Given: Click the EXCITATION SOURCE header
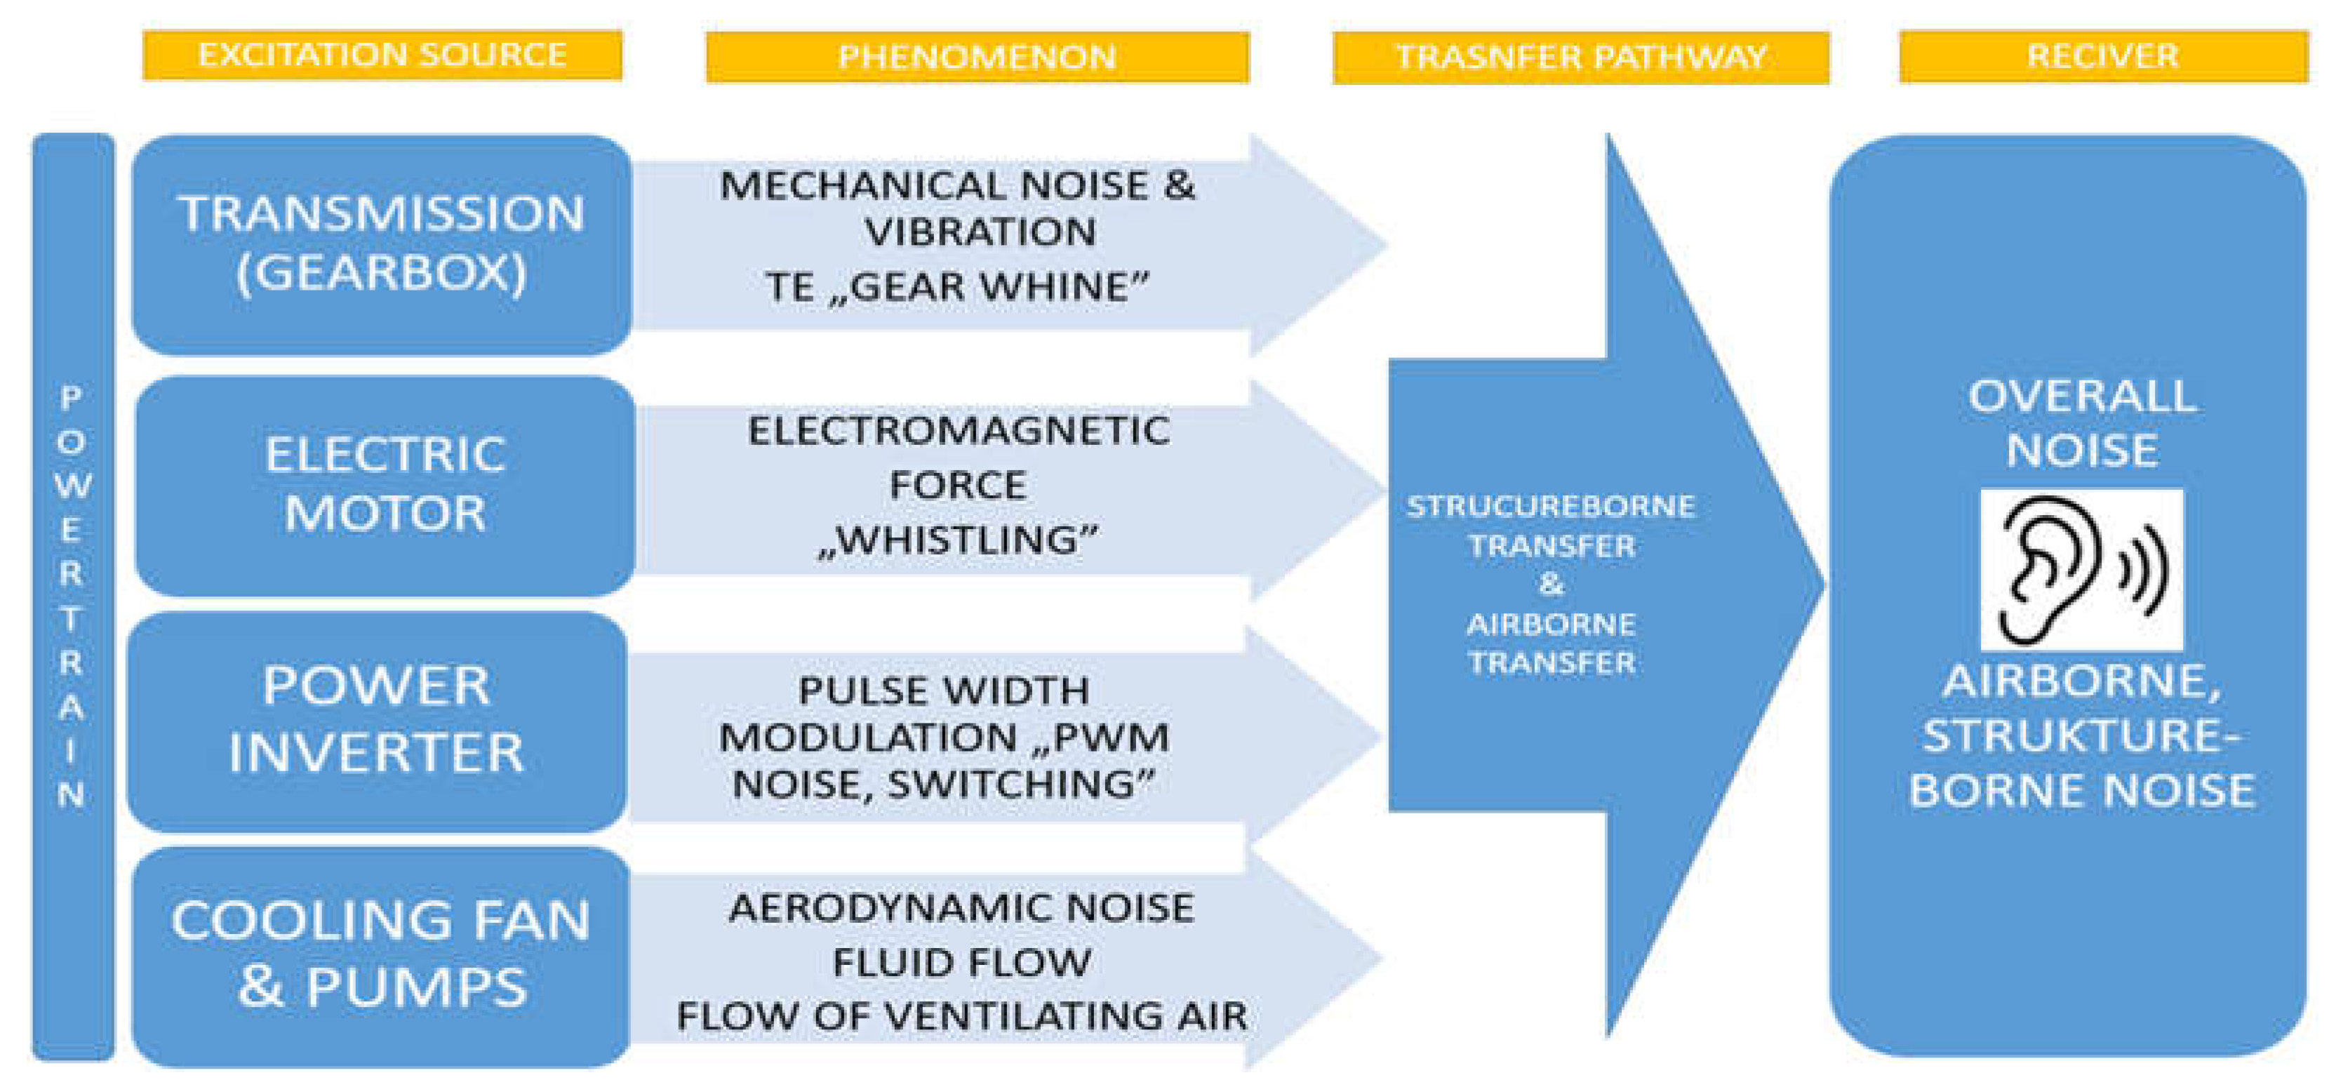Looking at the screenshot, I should pos(382,55).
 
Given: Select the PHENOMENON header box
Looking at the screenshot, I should pos(977,57).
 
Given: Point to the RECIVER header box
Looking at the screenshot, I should pos(2102,56).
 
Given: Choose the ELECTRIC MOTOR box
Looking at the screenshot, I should pos(385,484).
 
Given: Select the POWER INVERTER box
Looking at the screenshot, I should pos(376,720).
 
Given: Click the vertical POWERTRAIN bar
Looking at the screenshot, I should pos(72,596).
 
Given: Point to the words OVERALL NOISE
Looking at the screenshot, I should pos(2081,423).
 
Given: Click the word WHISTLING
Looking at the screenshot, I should pos(958,540).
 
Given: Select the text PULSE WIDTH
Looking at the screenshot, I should pos(943,691).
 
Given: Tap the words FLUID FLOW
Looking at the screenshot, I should pos(961,963).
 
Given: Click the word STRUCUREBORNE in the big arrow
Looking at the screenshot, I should pos(1551,506).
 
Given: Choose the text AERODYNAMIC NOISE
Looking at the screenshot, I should pos(961,908).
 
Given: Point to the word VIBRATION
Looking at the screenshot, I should pos(980,233).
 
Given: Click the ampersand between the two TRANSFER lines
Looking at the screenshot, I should pos(1551,585).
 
